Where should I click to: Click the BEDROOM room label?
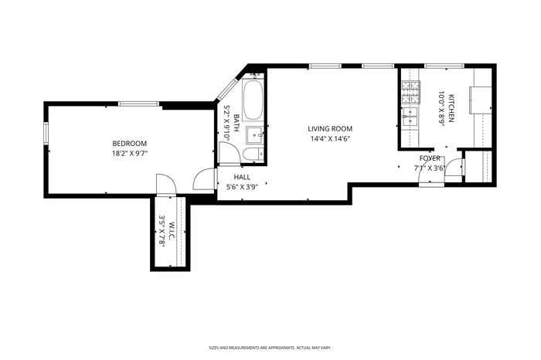[129, 144]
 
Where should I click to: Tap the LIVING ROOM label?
[330, 129]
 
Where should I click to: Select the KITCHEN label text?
[451, 108]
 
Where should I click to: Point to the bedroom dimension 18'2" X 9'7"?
[129, 154]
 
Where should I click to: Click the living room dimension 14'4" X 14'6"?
[330, 139]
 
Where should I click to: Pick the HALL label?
[242, 177]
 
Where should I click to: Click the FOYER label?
[430, 158]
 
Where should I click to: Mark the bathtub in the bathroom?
[253, 100]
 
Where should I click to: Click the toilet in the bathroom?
[253, 154]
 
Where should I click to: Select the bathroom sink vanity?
[255, 135]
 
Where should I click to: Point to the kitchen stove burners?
[410, 92]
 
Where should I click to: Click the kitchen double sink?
[409, 117]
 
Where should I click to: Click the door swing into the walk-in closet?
[167, 184]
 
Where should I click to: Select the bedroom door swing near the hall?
[205, 178]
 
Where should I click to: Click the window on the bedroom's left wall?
[46, 133]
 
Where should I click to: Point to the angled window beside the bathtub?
[226, 90]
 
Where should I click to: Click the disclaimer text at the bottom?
[270, 348]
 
